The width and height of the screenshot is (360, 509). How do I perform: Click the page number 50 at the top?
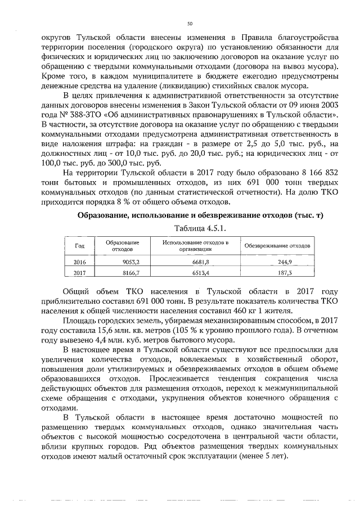190,23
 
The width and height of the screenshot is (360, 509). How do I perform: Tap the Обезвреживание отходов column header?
277,246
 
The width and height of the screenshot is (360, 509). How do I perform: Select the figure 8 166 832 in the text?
313,172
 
